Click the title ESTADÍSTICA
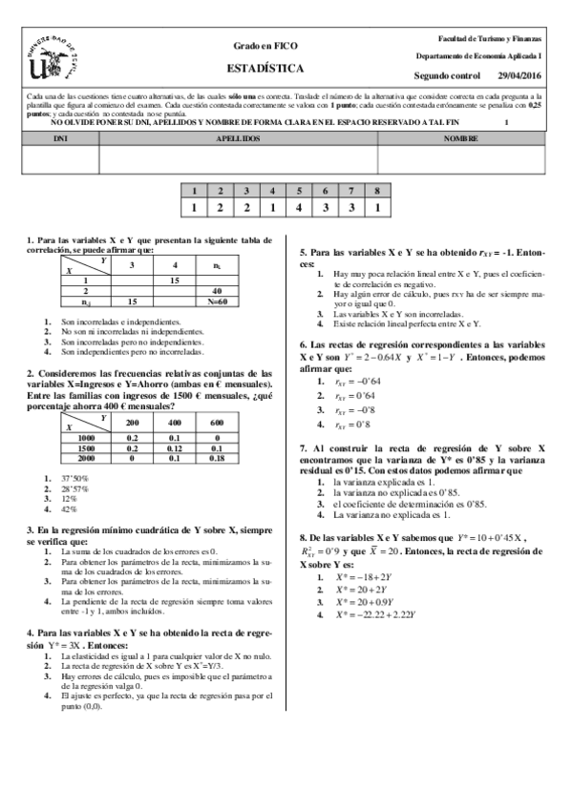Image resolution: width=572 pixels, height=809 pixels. tap(266, 69)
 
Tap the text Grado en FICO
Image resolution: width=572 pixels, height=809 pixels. tap(265, 46)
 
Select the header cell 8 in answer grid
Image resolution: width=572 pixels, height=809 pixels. tap(378, 191)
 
